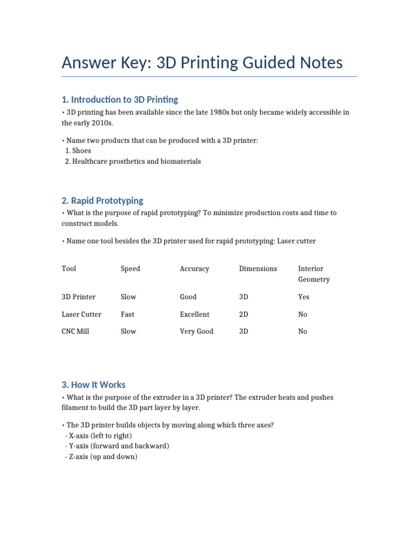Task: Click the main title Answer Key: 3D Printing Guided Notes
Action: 202,63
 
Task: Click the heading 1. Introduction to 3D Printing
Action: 120,99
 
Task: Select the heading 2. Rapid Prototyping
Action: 103,200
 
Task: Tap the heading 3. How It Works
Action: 93,384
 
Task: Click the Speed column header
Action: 130,269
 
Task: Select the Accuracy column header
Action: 194,269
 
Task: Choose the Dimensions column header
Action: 258,269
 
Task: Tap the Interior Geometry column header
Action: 314,274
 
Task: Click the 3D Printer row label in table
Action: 79,297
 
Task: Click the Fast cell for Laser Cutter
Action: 128,314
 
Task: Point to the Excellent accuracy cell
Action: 194,314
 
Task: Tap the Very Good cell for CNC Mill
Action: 196,331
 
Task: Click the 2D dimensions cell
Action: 244,314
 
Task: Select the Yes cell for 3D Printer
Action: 303,297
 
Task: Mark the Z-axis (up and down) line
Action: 101,457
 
